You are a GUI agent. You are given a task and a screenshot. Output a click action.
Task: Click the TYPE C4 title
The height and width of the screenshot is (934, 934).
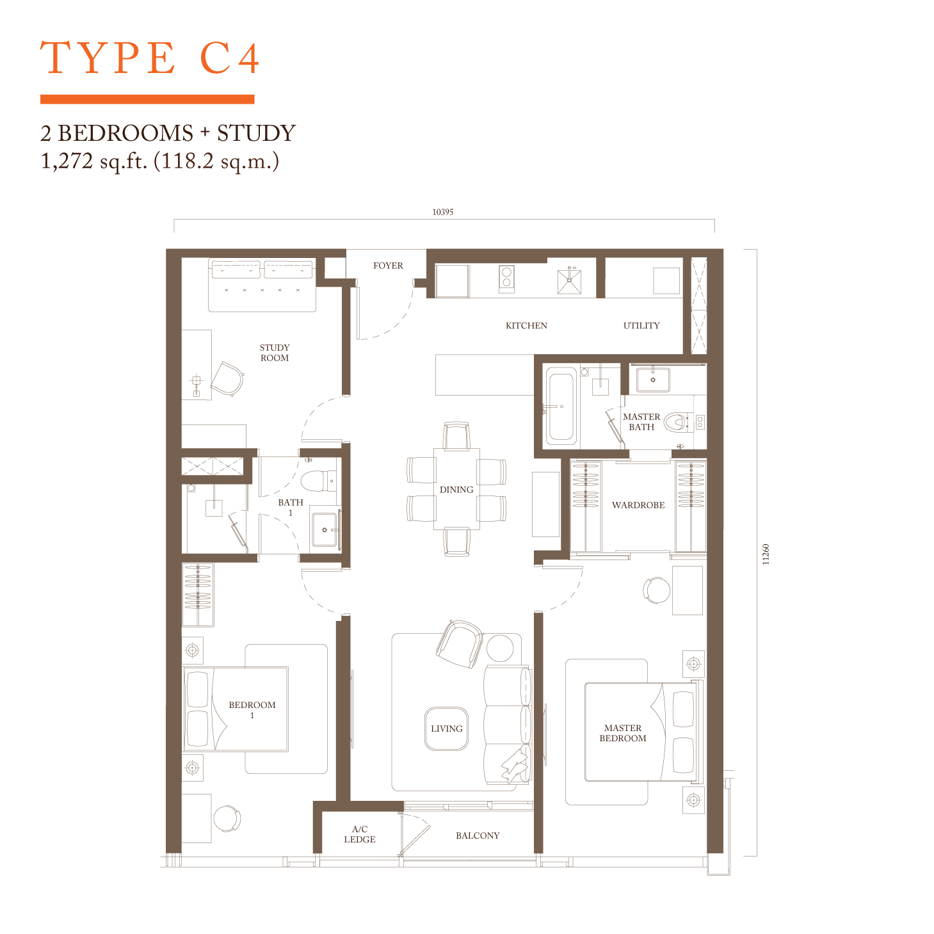pyautogui.click(x=150, y=58)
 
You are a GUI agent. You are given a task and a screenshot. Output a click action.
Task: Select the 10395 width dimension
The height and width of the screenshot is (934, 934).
pyautogui.click(x=442, y=212)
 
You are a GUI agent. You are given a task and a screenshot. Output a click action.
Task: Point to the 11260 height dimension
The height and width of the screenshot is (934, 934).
pyautogui.click(x=766, y=554)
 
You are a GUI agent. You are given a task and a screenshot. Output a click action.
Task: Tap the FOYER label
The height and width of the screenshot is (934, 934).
pyautogui.click(x=388, y=266)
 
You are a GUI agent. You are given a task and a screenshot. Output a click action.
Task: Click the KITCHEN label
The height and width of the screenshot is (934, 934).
pyautogui.click(x=526, y=326)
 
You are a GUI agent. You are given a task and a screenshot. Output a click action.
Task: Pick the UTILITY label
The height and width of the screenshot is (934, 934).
pyautogui.click(x=641, y=326)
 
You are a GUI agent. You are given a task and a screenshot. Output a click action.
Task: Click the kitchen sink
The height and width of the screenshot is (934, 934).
pyautogui.click(x=569, y=280)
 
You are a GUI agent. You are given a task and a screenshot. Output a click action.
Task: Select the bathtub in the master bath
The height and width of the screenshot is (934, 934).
pyautogui.click(x=561, y=406)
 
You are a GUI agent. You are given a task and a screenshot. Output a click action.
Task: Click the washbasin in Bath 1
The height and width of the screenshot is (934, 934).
pyautogui.click(x=325, y=529)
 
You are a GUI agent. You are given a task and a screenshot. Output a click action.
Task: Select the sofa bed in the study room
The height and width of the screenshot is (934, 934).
pyautogui.click(x=262, y=284)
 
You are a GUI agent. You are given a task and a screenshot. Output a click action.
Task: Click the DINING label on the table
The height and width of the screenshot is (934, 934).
pyautogui.click(x=456, y=490)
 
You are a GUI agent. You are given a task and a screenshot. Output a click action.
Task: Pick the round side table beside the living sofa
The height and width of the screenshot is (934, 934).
pyautogui.click(x=500, y=648)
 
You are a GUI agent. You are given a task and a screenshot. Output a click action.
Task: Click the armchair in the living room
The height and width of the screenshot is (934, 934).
pyautogui.click(x=459, y=644)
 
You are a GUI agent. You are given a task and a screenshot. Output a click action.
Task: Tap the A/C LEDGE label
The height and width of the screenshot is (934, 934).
pyautogui.click(x=360, y=834)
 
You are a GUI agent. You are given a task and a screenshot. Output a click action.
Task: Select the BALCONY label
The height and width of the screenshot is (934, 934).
pyautogui.click(x=478, y=835)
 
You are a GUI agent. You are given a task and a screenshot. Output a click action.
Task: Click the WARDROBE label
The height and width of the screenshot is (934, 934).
pyautogui.click(x=638, y=505)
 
